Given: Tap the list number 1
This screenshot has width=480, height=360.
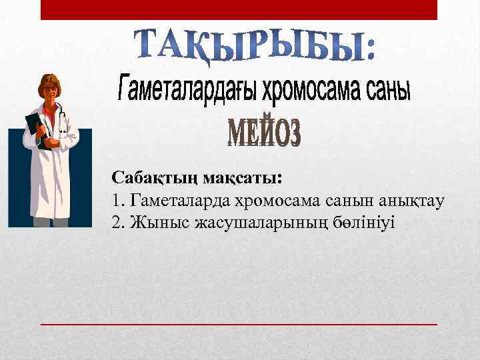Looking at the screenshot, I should (117, 200).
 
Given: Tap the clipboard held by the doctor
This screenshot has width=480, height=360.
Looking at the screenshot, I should (35, 127).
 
